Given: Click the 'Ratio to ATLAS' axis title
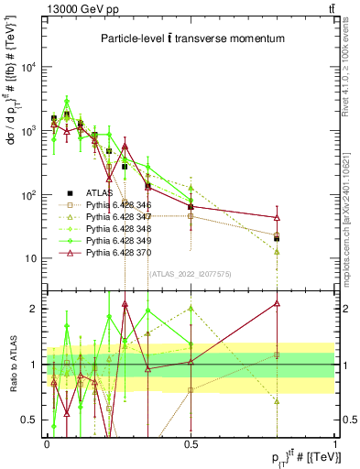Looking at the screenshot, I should [x=12, y=364].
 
